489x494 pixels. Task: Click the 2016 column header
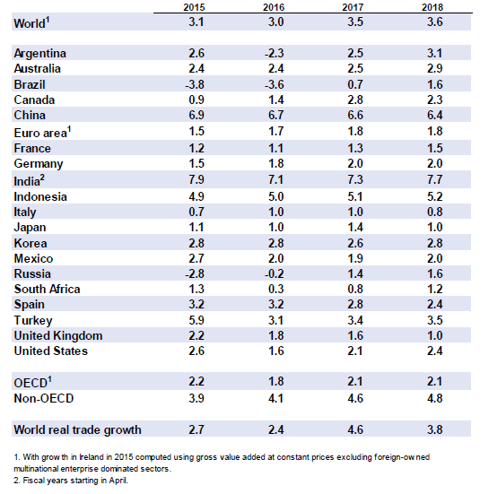[274, 7]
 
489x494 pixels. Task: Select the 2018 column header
[432, 7]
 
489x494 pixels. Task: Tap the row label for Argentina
[40, 53]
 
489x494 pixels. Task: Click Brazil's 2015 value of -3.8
[195, 84]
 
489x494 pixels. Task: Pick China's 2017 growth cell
[355, 115]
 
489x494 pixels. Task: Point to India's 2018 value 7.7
[435, 179]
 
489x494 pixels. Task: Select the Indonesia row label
[40, 197]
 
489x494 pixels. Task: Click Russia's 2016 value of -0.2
[274, 273]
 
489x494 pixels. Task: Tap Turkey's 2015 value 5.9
[196, 320]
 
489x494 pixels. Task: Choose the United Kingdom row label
[58, 336]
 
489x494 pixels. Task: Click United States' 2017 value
[355, 351]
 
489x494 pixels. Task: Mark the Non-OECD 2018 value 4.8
[435, 398]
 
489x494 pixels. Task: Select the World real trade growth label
[77, 429]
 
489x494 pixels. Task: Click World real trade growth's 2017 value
[355, 429]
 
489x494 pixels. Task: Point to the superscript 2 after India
[42, 178]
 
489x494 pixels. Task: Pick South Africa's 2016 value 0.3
[275, 289]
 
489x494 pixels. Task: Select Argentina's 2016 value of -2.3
[274, 53]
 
